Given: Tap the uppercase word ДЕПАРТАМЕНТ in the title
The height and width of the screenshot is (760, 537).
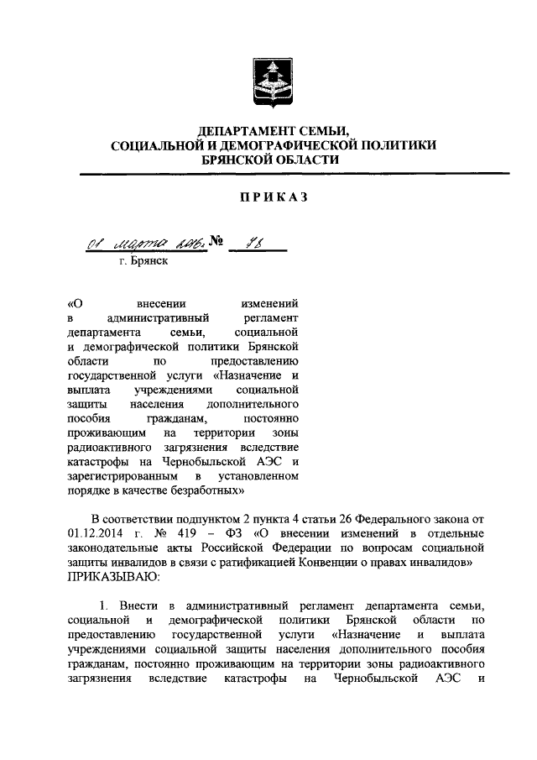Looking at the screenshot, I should click(x=241, y=131).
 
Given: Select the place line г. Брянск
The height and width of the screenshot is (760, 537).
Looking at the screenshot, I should click(x=143, y=262).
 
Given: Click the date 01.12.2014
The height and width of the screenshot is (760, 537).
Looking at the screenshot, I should click(x=96, y=536).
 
